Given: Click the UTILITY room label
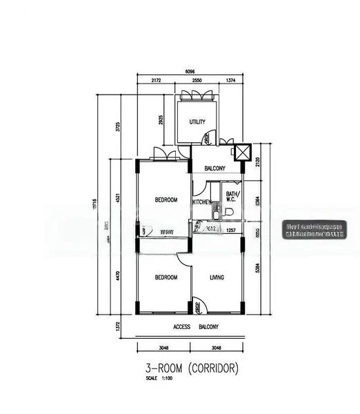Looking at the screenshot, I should tap(197, 122).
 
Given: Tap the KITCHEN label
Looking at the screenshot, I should tap(202, 201).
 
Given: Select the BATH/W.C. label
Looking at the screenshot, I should tap(232, 197).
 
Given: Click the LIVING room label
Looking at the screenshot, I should tap(217, 277).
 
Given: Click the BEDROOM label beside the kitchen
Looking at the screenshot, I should tap(166, 200).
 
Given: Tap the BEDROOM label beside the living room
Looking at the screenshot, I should tap(166, 277).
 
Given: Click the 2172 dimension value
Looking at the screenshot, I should tap(155, 81).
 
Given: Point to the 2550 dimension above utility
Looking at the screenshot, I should tap(197, 81).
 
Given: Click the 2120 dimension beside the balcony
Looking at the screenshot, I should tap(257, 162).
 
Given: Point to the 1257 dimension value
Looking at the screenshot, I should tap(231, 230).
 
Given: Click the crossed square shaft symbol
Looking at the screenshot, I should tap(243, 152).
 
